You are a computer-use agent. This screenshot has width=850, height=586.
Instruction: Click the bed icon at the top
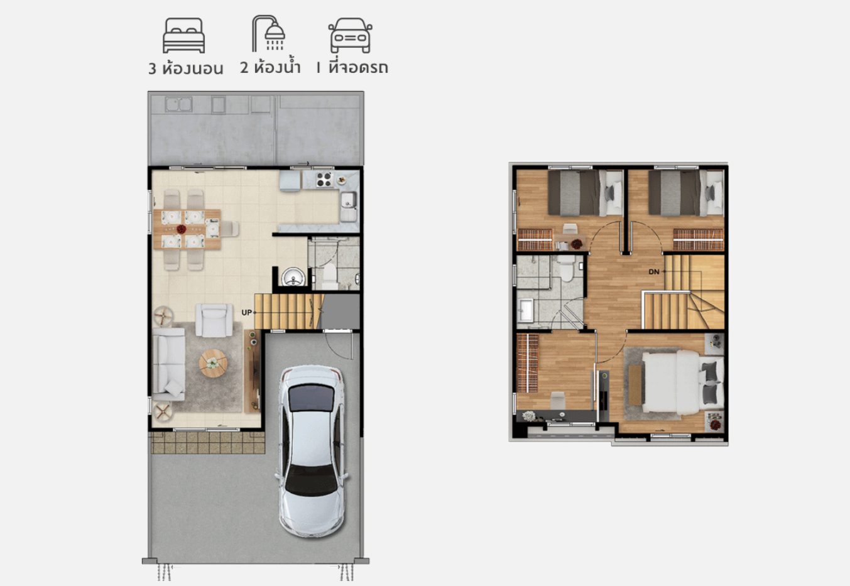[184, 36]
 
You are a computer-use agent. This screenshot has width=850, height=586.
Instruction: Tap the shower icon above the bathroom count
[269, 33]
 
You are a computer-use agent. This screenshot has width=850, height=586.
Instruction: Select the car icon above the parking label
[351, 35]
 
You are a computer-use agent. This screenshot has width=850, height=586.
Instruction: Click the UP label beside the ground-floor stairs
[247, 313]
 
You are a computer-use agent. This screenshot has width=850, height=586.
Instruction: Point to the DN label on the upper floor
[654, 271]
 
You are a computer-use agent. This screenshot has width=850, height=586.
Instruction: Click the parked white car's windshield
[311, 398]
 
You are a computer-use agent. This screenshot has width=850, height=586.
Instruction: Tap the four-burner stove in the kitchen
[324, 180]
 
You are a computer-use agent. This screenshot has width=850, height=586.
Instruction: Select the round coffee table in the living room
[213, 363]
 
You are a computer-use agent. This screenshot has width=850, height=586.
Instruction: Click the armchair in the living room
[214, 320]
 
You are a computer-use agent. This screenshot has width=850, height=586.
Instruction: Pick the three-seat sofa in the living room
[169, 364]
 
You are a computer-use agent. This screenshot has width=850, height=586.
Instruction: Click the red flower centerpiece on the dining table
[182, 229]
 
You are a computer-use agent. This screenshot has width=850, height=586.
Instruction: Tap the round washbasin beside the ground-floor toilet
[293, 276]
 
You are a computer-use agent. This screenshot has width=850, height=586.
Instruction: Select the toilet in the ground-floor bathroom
[329, 275]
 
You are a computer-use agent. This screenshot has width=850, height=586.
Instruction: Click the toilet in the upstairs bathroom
[567, 268]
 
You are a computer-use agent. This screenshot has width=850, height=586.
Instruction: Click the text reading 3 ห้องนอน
[185, 69]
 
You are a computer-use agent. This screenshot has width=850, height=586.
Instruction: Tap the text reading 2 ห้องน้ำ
[270, 67]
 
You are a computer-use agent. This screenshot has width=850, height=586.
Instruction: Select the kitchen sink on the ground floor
[348, 200]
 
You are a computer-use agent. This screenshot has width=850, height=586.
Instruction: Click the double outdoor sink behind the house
[178, 104]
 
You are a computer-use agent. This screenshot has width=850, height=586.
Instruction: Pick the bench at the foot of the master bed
[635, 384]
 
